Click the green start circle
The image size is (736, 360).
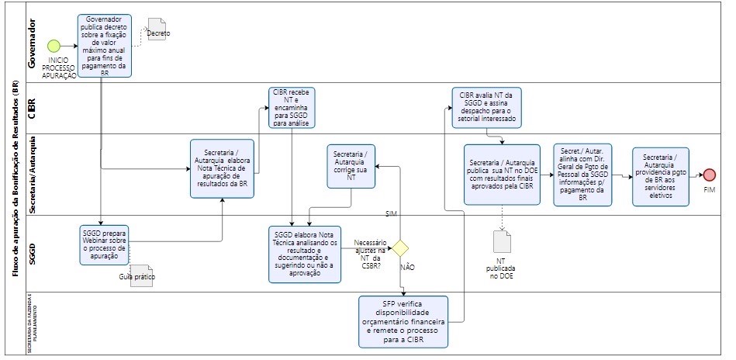click(54, 45)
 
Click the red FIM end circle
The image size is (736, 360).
click(708, 175)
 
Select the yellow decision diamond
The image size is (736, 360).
click(399, 248)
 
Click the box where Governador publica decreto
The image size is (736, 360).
click(104, 45)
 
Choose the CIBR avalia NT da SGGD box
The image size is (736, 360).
click(488, 106)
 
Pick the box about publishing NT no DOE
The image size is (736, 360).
click(503, 175)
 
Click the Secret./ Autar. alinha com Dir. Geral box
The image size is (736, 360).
click(584, 175)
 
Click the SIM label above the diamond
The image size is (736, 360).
click(392, 213)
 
